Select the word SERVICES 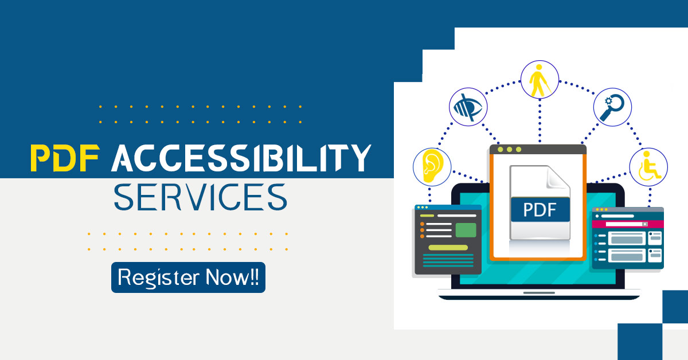tap(200, 197)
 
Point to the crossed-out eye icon tap(467, 107)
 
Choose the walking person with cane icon tap(539, 81)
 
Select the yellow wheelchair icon tap(648, 166)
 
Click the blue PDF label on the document tap(540, 210)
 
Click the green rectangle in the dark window tap(466, 230)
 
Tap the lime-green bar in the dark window tap(448, 247)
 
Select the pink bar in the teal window tap(627, 224)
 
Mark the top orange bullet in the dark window tap(422, 224)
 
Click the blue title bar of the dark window tap(448, 208)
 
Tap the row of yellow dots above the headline tap(200, 107)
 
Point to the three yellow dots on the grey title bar tap(509, 150)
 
